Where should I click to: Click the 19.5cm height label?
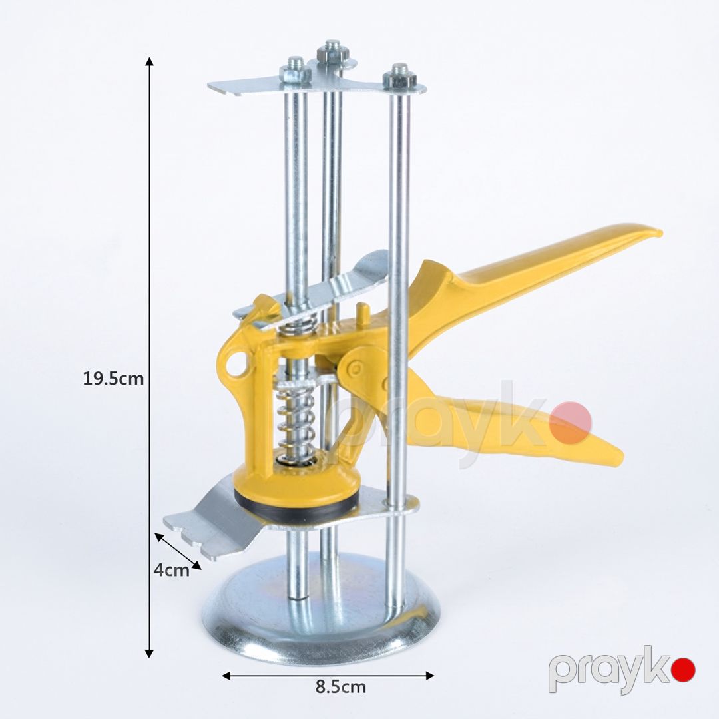pos(113,379)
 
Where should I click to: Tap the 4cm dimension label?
pos(171,570)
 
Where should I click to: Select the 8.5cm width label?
pos(341,687)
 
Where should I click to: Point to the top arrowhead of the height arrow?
pos(149,61)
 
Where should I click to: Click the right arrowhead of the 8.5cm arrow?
pos(429,676)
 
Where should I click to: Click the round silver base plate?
pos(321,614)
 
